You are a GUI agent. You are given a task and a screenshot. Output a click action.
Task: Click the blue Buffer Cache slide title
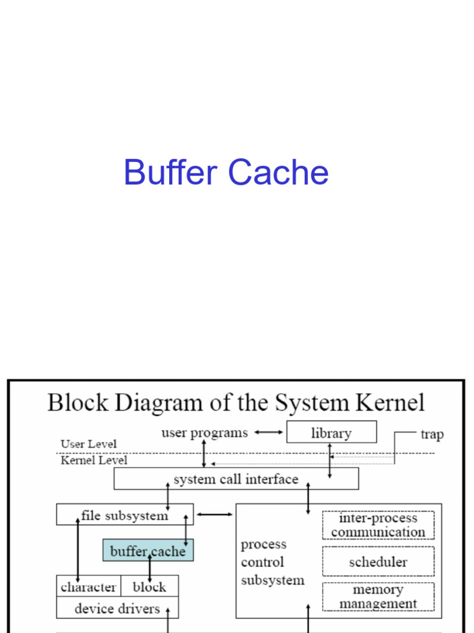(226, 172)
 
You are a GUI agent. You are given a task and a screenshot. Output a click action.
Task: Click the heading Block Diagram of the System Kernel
(236, 402)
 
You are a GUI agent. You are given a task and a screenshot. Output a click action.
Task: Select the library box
(331, 432)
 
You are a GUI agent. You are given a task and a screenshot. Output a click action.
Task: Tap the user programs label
(204, 433)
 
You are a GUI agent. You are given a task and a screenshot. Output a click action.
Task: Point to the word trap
(432, 434)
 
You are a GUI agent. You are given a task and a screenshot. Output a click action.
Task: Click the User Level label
(88, 444)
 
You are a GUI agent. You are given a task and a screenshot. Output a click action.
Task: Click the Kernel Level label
(94, 460)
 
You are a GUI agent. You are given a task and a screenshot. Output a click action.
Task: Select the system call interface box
(236, 478)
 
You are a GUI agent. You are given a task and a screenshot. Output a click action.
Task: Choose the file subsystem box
(124, 514)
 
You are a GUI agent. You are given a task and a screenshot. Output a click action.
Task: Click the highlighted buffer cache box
(148, 550)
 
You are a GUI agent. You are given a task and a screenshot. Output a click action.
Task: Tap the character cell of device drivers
(88, 587)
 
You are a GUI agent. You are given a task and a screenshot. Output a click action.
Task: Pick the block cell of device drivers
(149, 587)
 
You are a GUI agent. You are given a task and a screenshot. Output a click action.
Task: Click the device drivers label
(117, 608)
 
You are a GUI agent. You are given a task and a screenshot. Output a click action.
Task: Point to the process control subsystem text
(272, 562)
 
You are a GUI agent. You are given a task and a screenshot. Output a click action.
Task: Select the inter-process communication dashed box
(378, 525)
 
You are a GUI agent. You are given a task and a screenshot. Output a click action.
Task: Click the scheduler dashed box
(378, 562)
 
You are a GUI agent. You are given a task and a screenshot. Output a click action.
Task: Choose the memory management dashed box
(378, 597)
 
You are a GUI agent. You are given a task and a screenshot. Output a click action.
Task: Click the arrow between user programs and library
(268, 433)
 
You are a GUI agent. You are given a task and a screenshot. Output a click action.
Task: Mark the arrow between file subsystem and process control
(214, 514)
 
